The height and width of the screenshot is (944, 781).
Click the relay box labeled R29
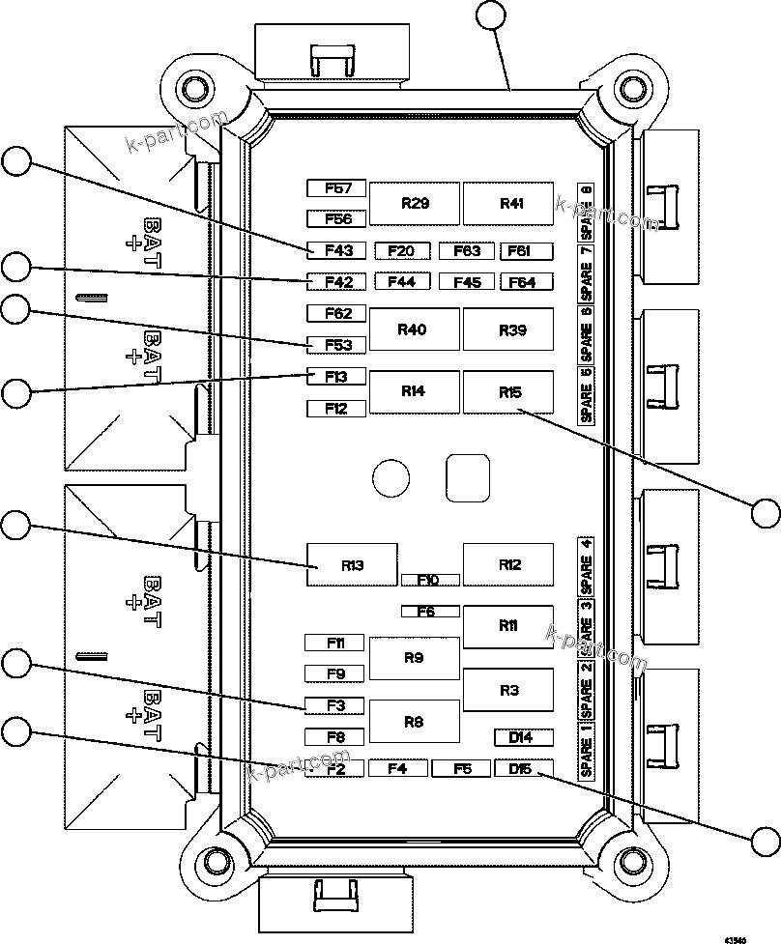coord(416,203)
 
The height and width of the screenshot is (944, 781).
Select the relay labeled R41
coord(508,203)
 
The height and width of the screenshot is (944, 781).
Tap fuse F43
coord(337,251)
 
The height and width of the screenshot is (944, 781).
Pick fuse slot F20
coord(401,251)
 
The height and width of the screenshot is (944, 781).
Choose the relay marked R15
coord(508,392)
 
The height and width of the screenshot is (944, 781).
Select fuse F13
coord(336,376)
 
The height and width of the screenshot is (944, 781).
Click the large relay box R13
coord(352,565)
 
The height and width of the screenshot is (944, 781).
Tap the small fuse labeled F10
coord(430,580)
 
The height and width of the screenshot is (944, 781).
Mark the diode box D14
coord(524,737)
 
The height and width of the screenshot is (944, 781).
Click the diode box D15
coord(524,769)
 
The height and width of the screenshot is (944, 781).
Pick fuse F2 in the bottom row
coord(335,769)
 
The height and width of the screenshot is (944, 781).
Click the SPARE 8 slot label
coord(586,212)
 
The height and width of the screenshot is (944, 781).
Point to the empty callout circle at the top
coord(492,15)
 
